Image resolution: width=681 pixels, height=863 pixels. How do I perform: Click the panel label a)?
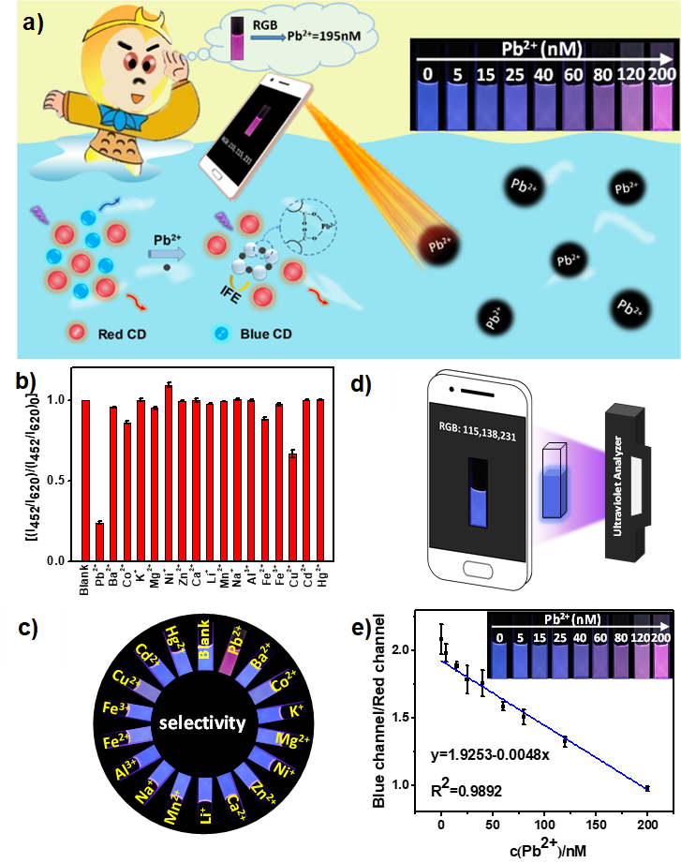tap(33, 24)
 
